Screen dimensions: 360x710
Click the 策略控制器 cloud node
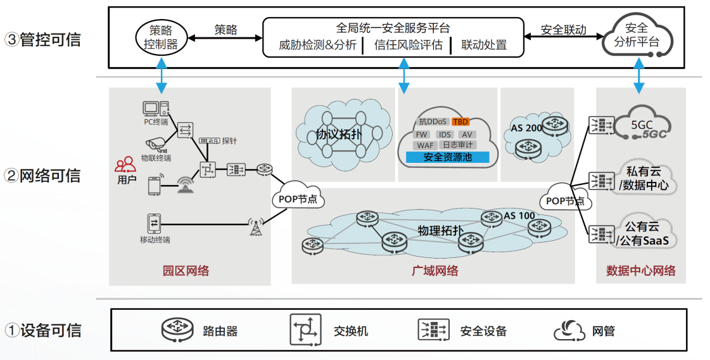[161, 37]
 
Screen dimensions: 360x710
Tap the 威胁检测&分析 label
[317, 46]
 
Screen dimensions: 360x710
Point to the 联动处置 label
[484, 46]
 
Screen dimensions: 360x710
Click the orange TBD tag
[460, 122]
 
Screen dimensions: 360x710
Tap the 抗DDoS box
[433, 122]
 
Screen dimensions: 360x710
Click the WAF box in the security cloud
[425, 146]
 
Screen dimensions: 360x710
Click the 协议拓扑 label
[338, 134]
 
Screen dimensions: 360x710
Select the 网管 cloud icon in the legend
[569, 330]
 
